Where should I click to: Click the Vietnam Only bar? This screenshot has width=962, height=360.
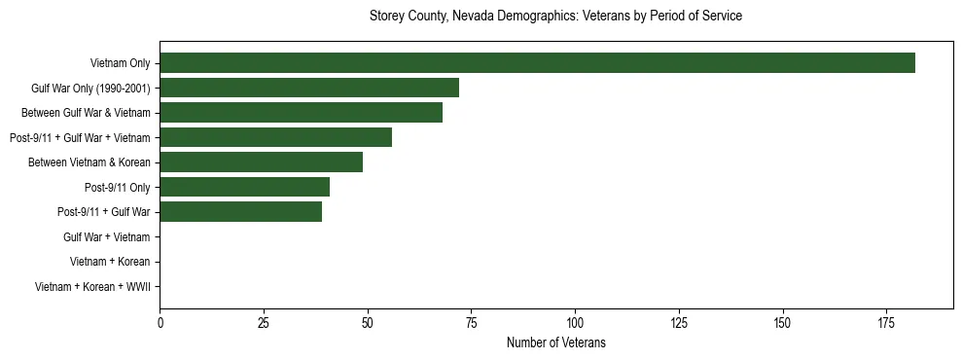click(x=537, y=63)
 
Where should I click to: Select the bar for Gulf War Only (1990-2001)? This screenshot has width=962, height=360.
click(x=309, y=88)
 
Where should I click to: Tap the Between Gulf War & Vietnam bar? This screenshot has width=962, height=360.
click(x=301, y=113)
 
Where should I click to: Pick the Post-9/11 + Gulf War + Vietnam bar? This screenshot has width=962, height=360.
click(x=275, y=137)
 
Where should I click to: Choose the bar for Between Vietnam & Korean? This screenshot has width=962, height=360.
click(x=261, y=162)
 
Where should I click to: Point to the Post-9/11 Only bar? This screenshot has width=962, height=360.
click(x=244, y=187)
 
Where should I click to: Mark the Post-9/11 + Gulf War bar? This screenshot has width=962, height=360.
click(x=240, y=212)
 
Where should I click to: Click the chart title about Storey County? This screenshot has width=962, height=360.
click(x=555, y=17)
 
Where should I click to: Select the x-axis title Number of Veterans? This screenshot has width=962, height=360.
click(x=555, y=342)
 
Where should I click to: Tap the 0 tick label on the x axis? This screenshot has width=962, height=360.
click(x=160, y=322)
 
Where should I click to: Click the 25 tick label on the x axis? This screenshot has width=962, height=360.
click(x=264, y=322)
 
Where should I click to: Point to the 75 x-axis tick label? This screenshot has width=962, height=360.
click(x=471, y=322)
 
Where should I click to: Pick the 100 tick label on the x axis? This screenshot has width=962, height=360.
click(x=575, y=322)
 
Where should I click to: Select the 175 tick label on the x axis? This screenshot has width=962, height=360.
click(x=886, y=322)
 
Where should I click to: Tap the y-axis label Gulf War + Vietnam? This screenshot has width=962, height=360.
click(x=106, y=237)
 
